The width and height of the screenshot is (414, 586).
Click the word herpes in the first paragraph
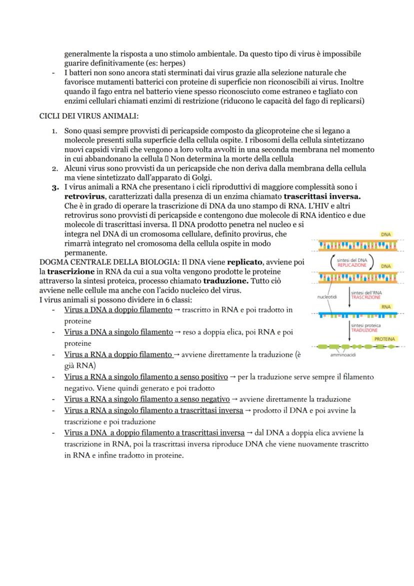coord(172,64)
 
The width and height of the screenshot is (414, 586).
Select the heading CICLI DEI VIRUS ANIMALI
coord(88,116)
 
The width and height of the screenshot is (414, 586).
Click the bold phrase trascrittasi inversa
coord(322,196)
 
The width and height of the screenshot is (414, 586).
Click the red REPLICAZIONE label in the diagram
coord(351,265)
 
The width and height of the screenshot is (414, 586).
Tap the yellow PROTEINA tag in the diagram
coord(384,339)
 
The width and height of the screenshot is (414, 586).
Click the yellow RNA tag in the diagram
coord(386,307)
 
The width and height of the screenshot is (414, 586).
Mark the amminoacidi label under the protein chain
coord(343,355)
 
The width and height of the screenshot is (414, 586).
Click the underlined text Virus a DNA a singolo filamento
coord(118,332)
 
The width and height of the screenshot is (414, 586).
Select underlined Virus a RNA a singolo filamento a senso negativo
coord(146,399)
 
